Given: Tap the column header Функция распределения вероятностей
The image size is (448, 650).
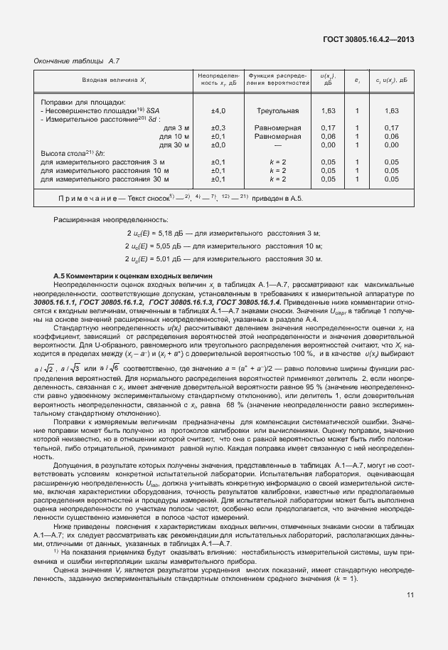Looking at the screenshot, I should coord(277,80).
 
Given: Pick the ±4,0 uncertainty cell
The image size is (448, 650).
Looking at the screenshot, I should coord(218,110).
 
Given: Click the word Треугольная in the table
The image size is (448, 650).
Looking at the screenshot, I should coord(277,110).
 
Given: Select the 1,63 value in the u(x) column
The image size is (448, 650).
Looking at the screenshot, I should coord(329,110).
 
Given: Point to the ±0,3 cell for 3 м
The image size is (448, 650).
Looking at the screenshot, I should coord(218,127).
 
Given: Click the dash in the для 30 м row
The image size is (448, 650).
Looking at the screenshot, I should coord(277,145).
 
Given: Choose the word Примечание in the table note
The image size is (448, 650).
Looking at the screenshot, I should coord(87,197).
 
